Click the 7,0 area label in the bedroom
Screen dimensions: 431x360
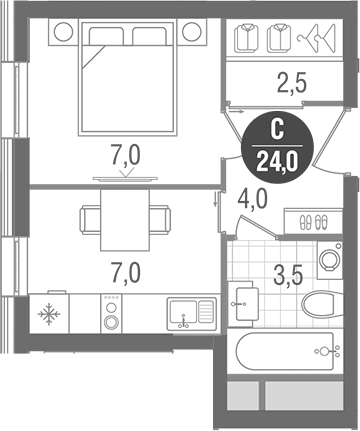(x=124, y=155)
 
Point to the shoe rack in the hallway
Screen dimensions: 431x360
(x=314, y=222)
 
